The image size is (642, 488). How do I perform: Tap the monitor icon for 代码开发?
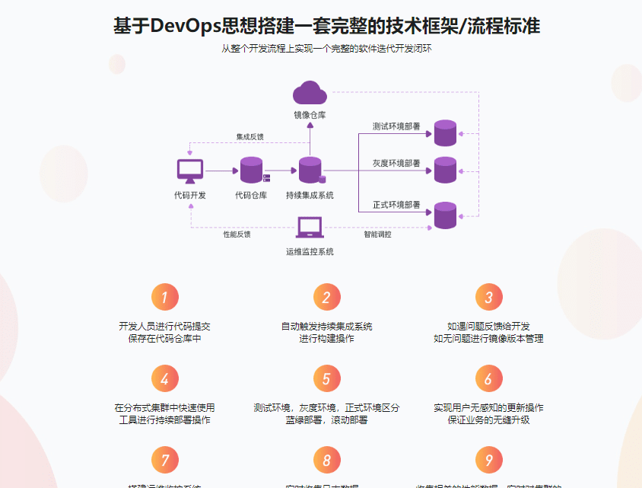[189, 171]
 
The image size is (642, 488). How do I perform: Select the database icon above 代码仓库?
[252, 170]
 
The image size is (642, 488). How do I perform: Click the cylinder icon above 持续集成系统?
[310, 170]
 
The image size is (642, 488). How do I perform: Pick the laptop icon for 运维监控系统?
[310, 227]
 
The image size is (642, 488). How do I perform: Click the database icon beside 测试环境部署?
[445, 132]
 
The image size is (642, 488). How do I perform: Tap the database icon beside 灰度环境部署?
[445, 170]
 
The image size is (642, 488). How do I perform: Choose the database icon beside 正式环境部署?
[445, 215]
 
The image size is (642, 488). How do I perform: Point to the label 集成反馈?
[249, 137]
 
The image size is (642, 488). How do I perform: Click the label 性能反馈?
[237, 234]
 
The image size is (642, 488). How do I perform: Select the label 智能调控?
[377, 234]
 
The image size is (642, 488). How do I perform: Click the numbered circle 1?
[165, 297]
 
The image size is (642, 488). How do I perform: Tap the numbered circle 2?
[326, 297]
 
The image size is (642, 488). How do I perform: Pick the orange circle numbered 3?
[488, 297]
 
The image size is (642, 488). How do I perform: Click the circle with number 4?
[165, 378]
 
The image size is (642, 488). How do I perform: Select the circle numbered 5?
[326, 378]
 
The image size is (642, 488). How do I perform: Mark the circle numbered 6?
[488, 378]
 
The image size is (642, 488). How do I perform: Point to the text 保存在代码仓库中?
[165, 339]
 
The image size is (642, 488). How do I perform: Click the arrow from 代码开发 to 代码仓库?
[221, 171]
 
